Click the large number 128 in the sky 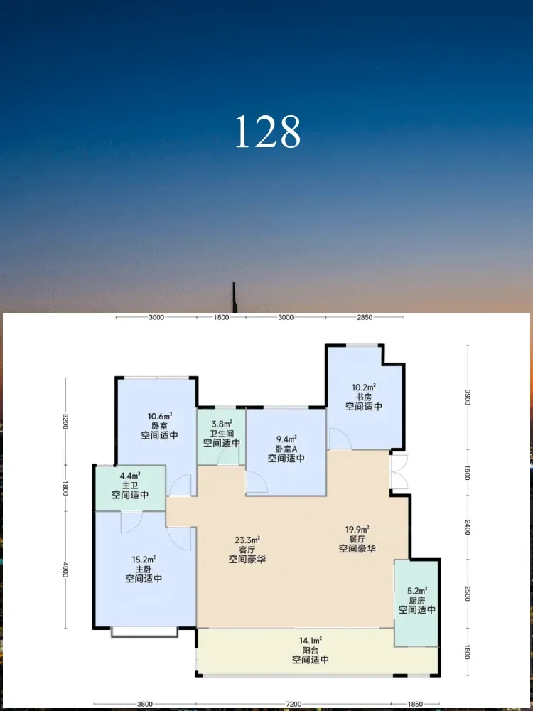[x=268, y=132]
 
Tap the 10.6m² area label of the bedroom [x=158, y=416]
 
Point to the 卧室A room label [x=286, y=449]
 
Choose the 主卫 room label [x=129, y=485]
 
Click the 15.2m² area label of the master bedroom [x=144, y=560]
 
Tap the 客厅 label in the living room [x=247, y=550]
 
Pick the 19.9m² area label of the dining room [x=357, y=530]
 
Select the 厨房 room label [x=417, y=600]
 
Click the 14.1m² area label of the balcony [x=310, y=641]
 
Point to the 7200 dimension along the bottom [x=294, y=705]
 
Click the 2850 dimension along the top [x=365, y=317]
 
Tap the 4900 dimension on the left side [x=65, y=570]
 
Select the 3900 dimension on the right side [x=468, y=397]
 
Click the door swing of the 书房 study [x=340, y=439]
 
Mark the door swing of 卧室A [x=257, y=482]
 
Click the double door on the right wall [x=399, y=472]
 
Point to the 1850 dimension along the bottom [x=415, y=705]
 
